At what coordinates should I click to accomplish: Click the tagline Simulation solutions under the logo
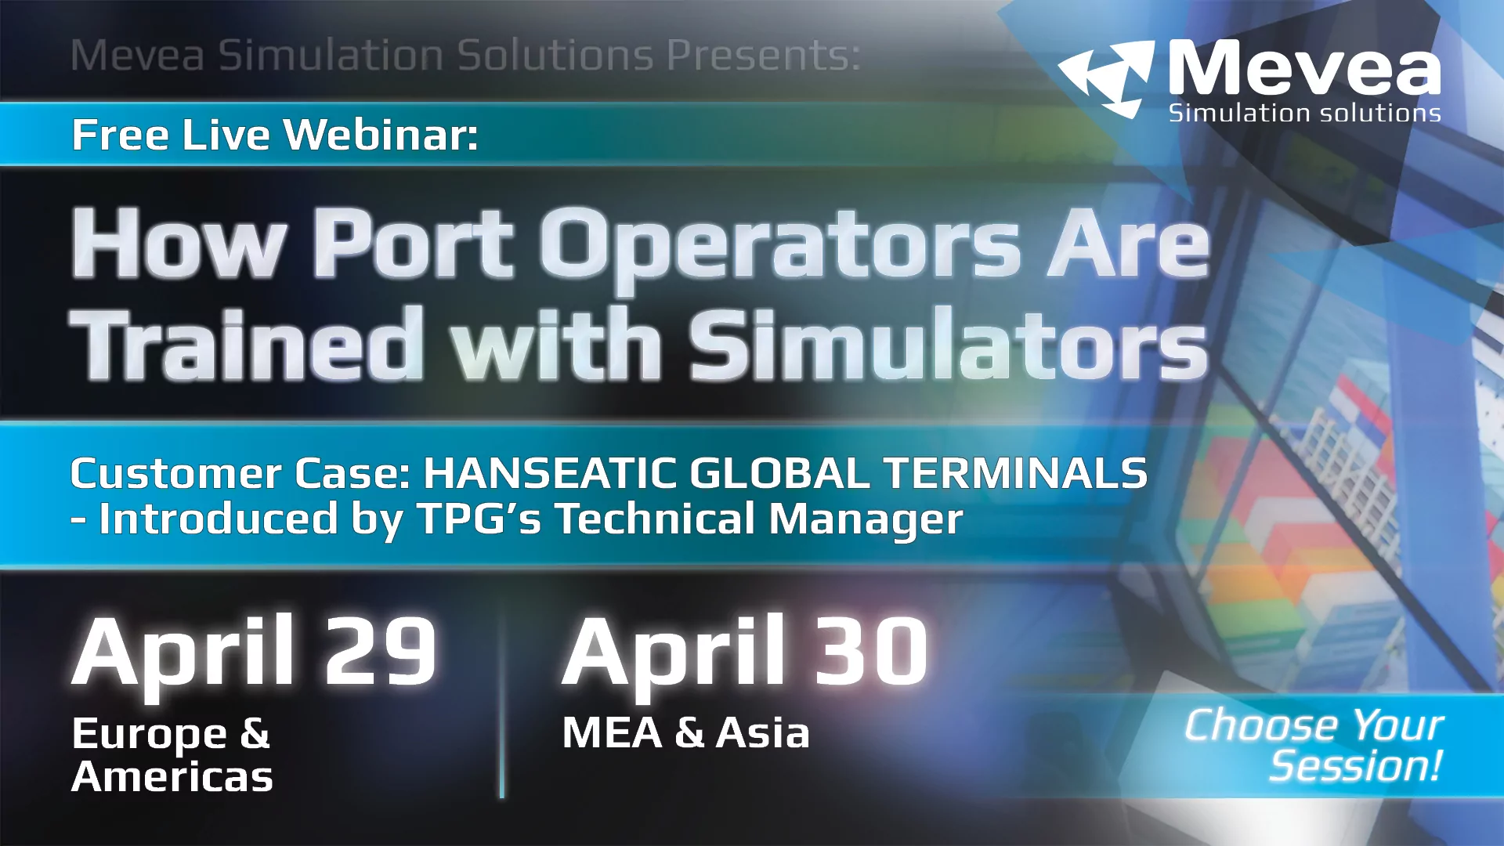point(1304,114)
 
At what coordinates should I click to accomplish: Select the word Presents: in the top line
point(764,55)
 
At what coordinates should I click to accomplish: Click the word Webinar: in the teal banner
point(381,135)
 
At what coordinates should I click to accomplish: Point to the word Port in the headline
point(414,244)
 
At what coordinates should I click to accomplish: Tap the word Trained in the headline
point(247,345)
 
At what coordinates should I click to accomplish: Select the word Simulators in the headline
point(948,345)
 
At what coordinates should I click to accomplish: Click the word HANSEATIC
point(548,473)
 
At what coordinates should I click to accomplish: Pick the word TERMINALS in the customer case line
point(1015,473)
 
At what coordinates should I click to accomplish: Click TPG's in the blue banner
point(479,519)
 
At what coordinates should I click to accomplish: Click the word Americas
point(172,777)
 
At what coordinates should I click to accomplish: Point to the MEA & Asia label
point(685,733)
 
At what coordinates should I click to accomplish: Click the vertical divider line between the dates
point(501,705)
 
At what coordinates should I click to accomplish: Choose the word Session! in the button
point(1355,766)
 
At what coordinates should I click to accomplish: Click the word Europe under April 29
point(149,735)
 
